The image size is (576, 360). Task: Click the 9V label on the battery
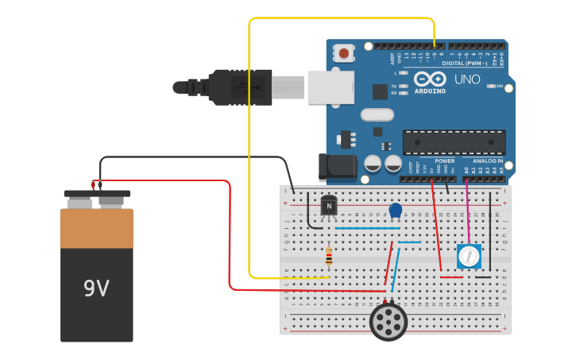96,288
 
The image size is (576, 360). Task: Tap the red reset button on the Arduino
344,53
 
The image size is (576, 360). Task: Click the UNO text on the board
466,79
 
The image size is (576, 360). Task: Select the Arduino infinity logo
429,79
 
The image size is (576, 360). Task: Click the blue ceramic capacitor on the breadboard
395,211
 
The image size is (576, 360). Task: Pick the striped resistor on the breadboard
329,256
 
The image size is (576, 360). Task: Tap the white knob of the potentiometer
469,256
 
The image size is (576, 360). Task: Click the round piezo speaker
389,322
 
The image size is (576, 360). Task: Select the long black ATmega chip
454,142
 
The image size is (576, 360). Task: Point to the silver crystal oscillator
377,114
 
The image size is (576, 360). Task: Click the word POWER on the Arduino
445,161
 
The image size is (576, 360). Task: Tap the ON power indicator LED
492,86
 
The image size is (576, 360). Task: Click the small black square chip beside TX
380,91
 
